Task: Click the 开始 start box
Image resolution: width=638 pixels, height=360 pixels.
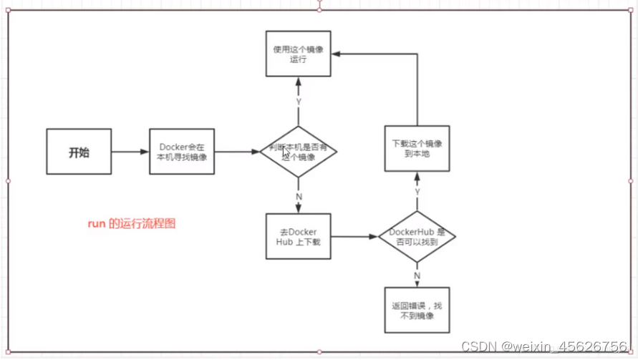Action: click(x=79, y=152)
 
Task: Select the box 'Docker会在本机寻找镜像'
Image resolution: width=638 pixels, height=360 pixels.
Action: click(x=182, y=152)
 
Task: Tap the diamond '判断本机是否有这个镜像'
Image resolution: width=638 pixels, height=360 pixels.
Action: click(x=298, y=152)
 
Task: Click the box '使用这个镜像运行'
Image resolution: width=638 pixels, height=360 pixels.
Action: click(x=298, y=54)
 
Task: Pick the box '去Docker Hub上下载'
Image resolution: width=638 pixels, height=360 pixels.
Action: click(x=298, y=236)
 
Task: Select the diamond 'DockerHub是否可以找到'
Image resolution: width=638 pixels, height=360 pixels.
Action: click(x=417, y=236)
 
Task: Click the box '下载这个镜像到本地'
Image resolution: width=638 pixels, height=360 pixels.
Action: click(x=417, y=148)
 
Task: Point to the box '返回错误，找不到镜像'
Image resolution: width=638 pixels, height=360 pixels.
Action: click(x=417, y=310)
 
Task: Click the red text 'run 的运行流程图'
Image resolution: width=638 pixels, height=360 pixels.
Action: click(x=131, y=224)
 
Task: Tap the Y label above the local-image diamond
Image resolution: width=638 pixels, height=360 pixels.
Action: click(x=299, y=102)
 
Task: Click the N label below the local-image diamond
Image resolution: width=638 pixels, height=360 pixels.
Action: click(x=299, y=197)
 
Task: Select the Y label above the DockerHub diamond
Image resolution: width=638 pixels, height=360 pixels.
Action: click(x=417, y=192)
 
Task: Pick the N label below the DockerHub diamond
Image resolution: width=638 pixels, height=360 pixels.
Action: click(x=417, y=276)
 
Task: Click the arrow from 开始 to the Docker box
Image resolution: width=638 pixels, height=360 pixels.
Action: click(x=130, y=152)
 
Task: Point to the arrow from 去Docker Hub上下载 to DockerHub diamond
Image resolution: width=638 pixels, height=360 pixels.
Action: click(x=354, y=236)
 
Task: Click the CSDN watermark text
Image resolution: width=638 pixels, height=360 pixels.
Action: click(x=544, y=346)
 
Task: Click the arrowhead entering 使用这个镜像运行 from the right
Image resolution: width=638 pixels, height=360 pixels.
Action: click(x=336, y=54)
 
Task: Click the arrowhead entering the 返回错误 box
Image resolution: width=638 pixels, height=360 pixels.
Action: click(x=417, y=284)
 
